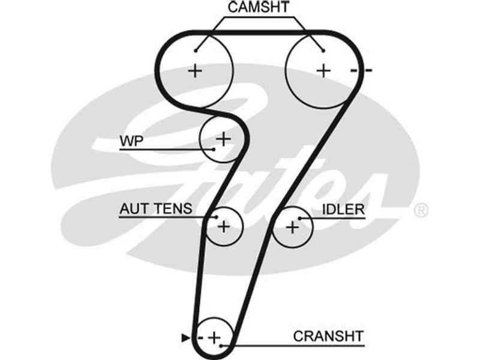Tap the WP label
(x=129, y=141)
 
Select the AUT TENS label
(x=156, y=209)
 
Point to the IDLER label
(x=343, y=209)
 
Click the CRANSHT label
(x=328, y=335)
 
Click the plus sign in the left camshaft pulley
(x=195, y=71)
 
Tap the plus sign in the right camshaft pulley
(x=324, y=70)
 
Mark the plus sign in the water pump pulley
(x=223, y=140)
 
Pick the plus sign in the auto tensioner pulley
(x=223, y=227)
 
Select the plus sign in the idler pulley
(x=292, y=227)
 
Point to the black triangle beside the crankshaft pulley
(x=185, y=338)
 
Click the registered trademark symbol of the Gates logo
(x=421, y=209)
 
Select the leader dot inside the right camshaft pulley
(x=323, y=50)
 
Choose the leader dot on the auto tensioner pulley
(x=215, y=217)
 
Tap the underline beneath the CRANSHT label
(x=300, y=346)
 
